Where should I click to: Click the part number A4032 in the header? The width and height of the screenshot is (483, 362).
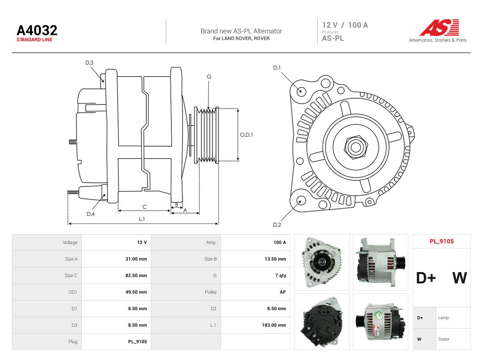37,30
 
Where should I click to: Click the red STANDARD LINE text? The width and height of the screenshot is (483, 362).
34,40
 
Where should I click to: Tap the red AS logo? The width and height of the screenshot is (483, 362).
439,27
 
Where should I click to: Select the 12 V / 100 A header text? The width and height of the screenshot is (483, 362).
345,25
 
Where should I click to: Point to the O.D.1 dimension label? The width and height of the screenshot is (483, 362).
246,135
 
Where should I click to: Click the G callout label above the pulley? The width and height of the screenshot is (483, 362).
209,77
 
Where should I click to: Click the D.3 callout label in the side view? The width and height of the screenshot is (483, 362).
89,63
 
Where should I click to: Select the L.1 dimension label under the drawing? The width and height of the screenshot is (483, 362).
142,219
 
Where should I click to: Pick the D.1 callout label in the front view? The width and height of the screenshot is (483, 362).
277,68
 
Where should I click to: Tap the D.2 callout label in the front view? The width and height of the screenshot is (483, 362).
277,225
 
